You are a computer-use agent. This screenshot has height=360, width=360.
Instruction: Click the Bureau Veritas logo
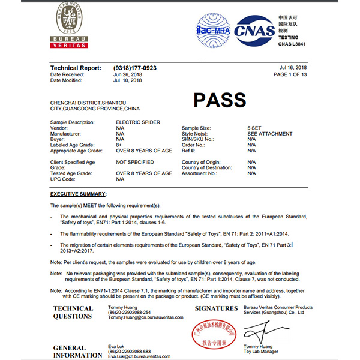70,25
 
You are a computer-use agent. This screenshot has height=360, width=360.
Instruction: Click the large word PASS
220,100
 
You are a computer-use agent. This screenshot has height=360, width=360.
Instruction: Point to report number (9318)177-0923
134,68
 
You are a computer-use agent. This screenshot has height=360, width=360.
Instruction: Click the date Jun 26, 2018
127,74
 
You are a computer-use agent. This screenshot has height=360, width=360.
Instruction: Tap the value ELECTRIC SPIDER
137,122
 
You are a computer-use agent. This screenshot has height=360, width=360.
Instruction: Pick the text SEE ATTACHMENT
269,134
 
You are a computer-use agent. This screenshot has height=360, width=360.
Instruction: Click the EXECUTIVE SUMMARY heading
78,194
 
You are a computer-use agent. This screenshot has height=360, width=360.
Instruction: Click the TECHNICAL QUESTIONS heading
73,313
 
